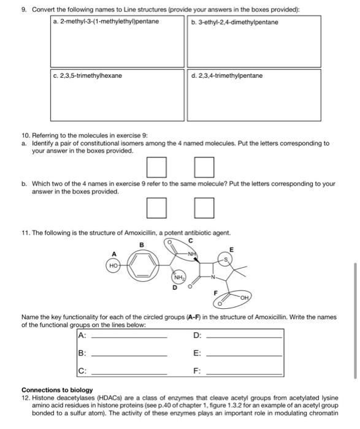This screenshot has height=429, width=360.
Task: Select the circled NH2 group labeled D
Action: (x=177, y=278)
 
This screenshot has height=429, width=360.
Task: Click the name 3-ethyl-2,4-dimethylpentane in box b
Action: (x=234, y=22)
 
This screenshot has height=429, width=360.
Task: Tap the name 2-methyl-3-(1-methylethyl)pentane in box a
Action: (x=106, y=22)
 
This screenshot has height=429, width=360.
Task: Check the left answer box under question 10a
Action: (x=156, y=166)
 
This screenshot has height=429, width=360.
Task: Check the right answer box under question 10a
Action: (x=204, y=166)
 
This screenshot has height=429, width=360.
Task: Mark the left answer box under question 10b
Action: (x=156, y=209)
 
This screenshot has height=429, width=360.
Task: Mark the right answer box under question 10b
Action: (x=204, y=209)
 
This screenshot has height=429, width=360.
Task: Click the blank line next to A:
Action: (x=129, y=336)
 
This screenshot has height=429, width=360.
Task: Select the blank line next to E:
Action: (x=244, y=354)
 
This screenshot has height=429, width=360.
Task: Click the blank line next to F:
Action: (x=244, y=372)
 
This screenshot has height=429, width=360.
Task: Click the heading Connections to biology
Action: (x=57, y=390)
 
